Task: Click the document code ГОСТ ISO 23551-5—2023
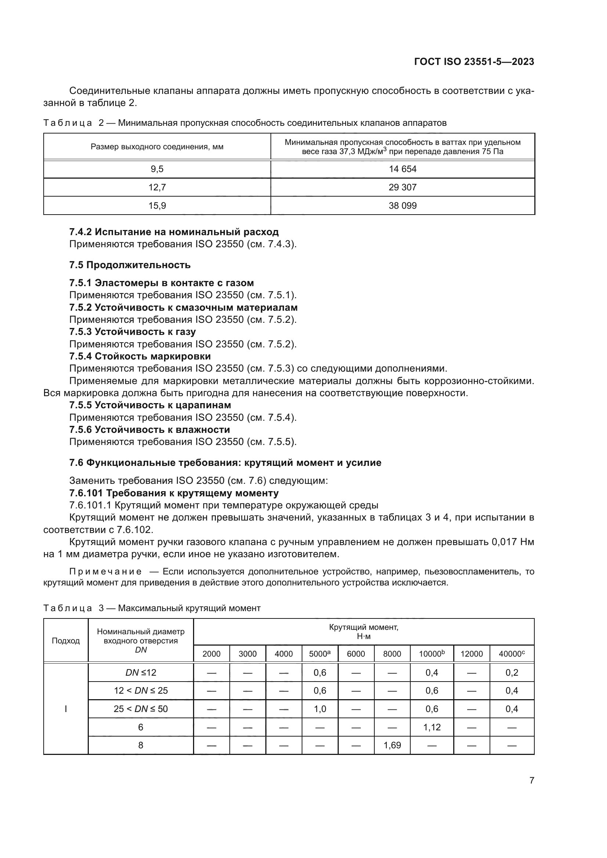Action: point(474,62)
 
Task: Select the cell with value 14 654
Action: point(403,169)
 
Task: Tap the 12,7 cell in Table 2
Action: point(157,187)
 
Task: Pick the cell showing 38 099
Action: point(403,205)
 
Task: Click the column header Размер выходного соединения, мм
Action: point(157,147)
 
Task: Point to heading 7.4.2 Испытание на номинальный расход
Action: point(174,232)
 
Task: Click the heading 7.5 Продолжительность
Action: point(130,265)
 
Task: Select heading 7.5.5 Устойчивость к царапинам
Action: point(150,405)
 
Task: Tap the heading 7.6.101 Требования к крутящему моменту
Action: point(174,493)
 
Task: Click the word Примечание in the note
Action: point(105,572)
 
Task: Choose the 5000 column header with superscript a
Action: point(320,654)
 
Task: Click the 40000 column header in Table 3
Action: point(512,654)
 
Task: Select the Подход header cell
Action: point(66,641)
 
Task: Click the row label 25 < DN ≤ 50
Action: point(141,709)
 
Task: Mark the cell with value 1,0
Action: point(320,709)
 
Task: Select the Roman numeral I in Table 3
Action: point(66,709)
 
